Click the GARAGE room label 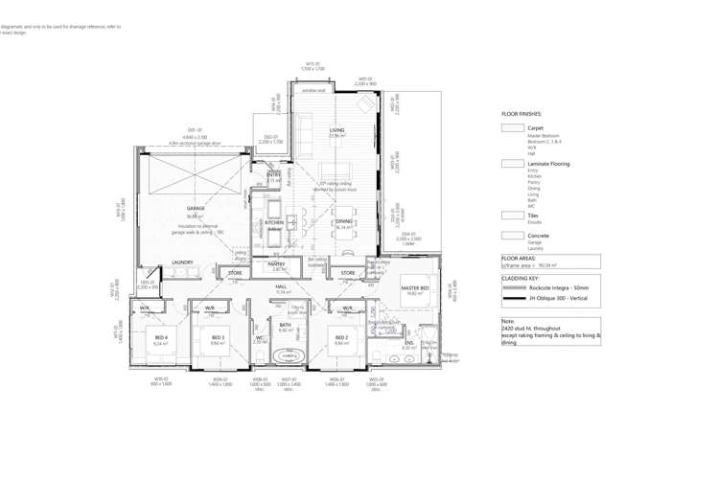(196, 208)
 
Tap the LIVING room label (336, 129)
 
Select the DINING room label (343, 221)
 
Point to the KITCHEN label (274, 222)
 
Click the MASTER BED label (414, 288)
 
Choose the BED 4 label (161, 337)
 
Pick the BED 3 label (218, 337)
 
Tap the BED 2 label (340, 337)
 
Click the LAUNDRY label (182, 262)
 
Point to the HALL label (282, 286)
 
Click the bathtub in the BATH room (286, 357)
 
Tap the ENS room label (408, 342)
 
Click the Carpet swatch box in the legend (512, 127)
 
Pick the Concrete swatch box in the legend (512, 235)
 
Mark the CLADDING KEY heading (521, 278)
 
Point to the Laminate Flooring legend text (548, 164)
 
